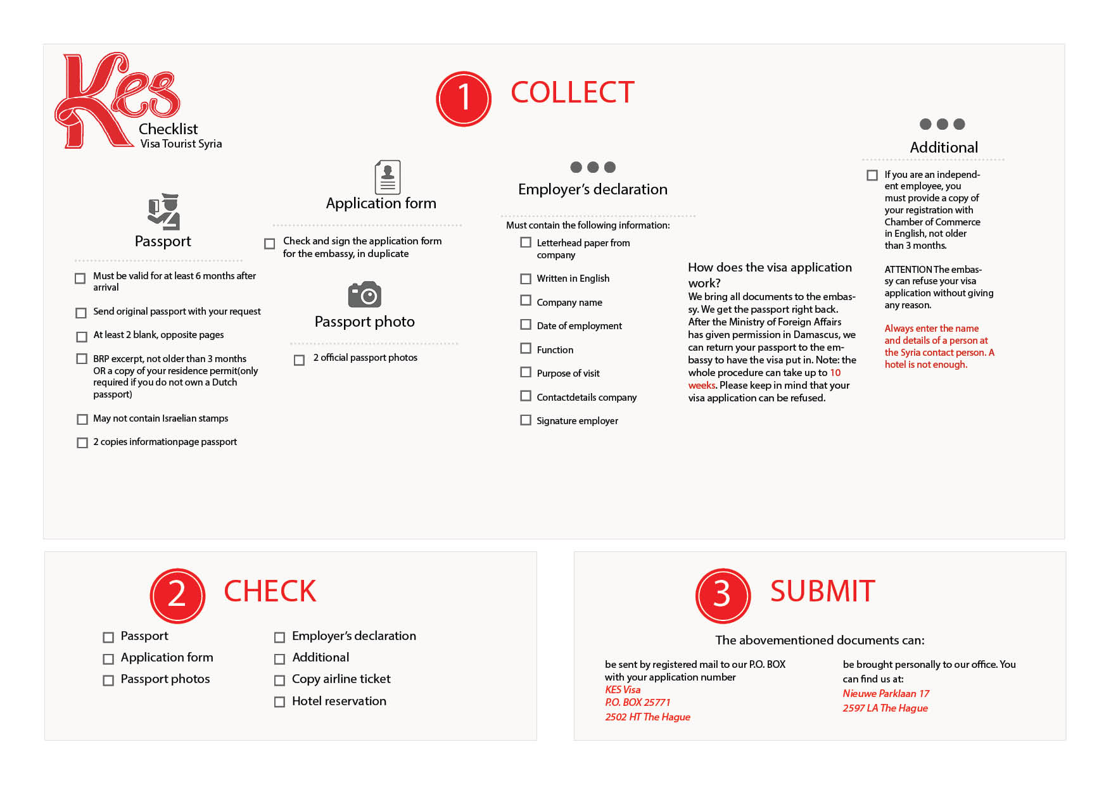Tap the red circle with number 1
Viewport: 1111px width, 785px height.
pyautogui.click(x=464, y=99)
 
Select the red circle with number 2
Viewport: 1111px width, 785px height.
pyautogui.click(x=177, y=596)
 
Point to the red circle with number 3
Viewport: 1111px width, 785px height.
pyautogui.click(x=723, y=596)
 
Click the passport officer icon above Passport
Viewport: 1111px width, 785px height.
pyautogui.click(x=164, y=211)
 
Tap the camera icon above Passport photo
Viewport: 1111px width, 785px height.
pyautogui.click(x=364, y=294)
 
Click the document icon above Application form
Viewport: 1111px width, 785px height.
pyautogui.click(x=388, y=177)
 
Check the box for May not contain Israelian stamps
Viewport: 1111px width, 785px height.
pyautogui.click(x=82, y=419)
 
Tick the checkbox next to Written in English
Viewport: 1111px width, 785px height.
pyautogui.click(x=526, y=279)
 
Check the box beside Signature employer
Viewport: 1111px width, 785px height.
pyautogui.click(x=526, y=420)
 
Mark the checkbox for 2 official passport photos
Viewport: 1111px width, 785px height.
pyautogui.click(x=300, y=360)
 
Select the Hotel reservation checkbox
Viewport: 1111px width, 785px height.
pyautogui.click(x=279, y=702)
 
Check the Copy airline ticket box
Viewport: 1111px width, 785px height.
pyautogui.click(x=279, y=681)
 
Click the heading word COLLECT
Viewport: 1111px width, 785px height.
pyautogui.click(x=572, y=92)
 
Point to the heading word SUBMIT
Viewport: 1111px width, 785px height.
pyautogui.click(x=822, y=591)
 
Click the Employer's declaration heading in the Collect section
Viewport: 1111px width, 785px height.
pyautogui.click(x=592, y=189)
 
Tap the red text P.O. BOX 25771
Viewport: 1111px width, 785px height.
pyautogui.click(x=637, y=702)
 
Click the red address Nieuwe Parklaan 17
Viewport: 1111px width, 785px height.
pyautogui.click(x=886, y=693)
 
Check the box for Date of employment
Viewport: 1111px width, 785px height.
pyautogui.click(x=526, y=325)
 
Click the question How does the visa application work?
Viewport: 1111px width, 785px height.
pyautogui.click(x=770, y=275)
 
